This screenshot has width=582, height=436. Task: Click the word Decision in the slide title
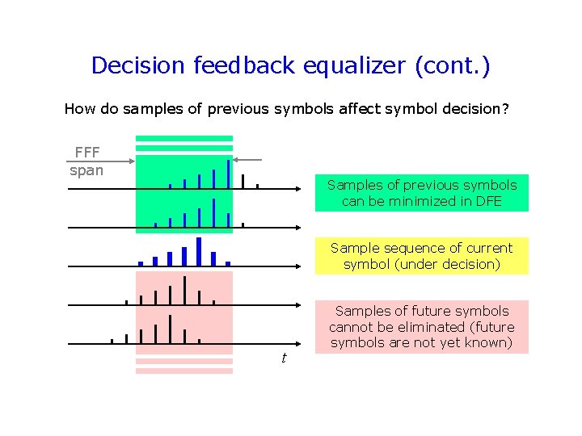[x=138, y=65]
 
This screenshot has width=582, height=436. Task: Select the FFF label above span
[x=87, y=153]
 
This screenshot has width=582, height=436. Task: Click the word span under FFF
[x=86, y=170]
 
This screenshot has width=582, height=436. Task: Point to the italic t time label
[x=283, y=358]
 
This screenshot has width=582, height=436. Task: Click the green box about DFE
[x=421, y=193]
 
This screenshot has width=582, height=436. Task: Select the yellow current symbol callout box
[x=421, y=256]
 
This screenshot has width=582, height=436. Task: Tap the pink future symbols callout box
[x=421, y=327]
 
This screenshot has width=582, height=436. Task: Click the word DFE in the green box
[x=486, y=201]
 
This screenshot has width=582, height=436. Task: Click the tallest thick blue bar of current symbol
[x=199, y=251]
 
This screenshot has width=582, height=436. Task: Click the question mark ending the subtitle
[x=505, y=108]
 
